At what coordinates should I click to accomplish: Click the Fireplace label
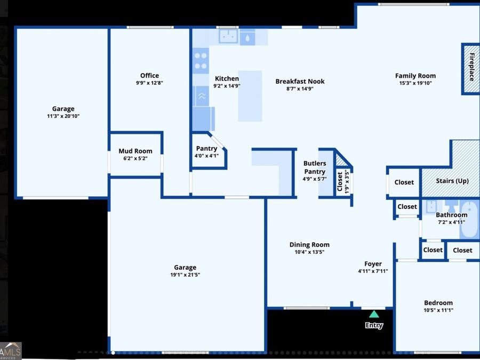click(471, 67)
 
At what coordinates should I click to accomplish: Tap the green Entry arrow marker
click(374, 314)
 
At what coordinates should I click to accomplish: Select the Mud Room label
click(135, 151)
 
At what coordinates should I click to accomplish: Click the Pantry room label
click(206, 148)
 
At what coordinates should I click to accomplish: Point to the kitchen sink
click(229, 37)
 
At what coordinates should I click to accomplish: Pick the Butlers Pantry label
click(315, 167)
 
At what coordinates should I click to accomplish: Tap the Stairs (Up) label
click(452, 181)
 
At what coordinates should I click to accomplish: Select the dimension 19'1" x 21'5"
click(185, 275)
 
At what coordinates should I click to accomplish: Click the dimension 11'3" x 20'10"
click(63, 116)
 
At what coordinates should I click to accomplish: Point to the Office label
click(149, 75)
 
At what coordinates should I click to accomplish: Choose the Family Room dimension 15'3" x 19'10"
click(415, 83)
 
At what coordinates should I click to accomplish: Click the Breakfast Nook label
click(300, 82)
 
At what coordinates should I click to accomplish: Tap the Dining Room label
click(309, 245)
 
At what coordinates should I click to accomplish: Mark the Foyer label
click(373, 264)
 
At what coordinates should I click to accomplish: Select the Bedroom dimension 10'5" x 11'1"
click(438, 310)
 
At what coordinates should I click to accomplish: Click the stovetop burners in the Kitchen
click(201, 60)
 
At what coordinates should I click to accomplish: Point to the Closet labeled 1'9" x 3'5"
click(340, 181)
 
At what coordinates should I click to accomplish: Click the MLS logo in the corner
click(11, 351)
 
